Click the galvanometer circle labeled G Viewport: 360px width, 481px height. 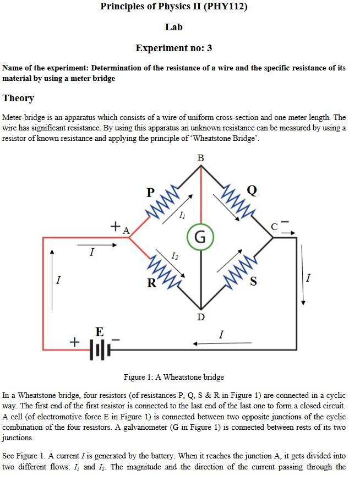pyautogui.click(x=200, y=237)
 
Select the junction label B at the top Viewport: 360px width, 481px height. pyautogui.click(x=200, y=158)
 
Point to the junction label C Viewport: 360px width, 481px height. pyautogui.click(x=275, y=226)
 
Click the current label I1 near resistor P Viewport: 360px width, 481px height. pyautogui.click(x=182, y=215)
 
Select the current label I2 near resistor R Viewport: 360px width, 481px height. pyautogui.click(x=174, y=256)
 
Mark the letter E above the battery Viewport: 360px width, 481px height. pyautogui.click(x=99, y=331)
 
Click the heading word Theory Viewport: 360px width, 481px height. pyautogui.click(x=18, y=99)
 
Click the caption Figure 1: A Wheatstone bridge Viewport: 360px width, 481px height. pyautogui.click(x=173, y=377)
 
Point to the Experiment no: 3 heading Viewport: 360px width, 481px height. pyautogui.click(x=173, y=48)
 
